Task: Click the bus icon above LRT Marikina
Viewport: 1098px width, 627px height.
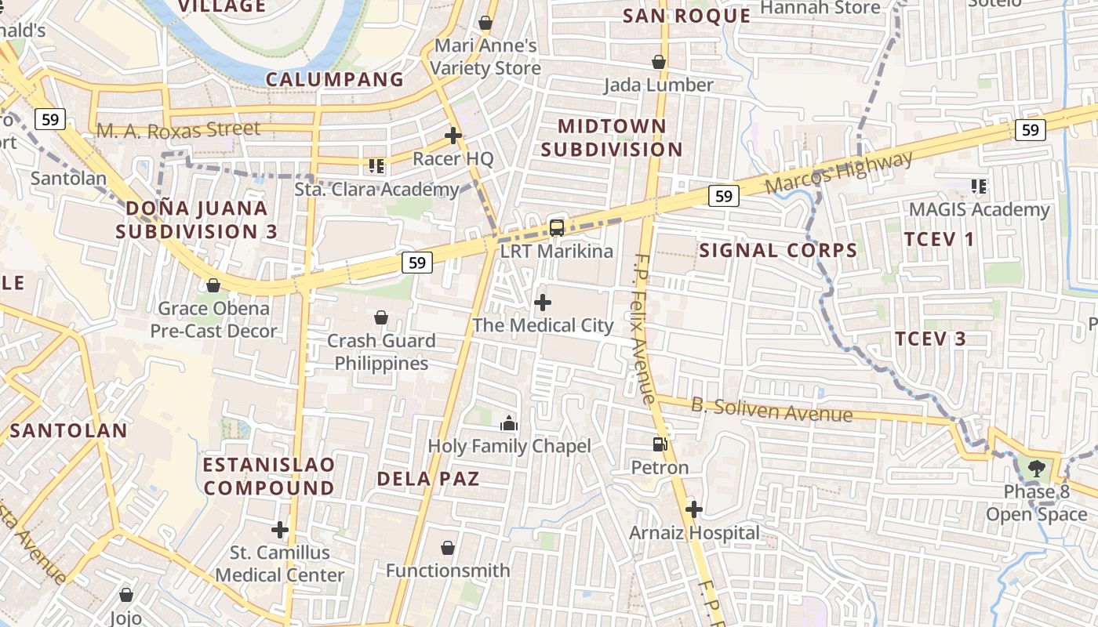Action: coord(557,228)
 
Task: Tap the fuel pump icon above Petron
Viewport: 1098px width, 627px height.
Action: coord(660,444)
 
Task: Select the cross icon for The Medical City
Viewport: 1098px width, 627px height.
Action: coord(543,302)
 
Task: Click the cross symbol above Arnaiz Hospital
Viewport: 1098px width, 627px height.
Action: coord(693,509)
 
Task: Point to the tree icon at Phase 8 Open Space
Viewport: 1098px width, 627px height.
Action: coord(1037,469)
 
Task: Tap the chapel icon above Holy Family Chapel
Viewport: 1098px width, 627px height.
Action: coord(509,423)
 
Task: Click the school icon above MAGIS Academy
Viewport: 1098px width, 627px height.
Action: coord(979,187)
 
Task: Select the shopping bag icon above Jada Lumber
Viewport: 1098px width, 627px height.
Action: coord(659,61)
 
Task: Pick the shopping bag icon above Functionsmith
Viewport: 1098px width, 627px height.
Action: coord(448,547)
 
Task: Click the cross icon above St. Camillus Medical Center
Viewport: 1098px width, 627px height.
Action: coord(280,529)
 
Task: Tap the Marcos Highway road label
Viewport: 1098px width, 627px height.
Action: coord(838,172)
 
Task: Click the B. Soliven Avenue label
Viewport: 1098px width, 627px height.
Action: coord(771,409)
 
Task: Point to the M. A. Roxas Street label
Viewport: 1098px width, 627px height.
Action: coord(178,129)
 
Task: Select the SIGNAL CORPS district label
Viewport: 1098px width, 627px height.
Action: coord(777,251)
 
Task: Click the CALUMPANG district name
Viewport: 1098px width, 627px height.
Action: coord(335,79)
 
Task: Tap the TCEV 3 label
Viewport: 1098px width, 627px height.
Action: coord(930,339)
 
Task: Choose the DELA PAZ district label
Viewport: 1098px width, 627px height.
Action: coord(428,478)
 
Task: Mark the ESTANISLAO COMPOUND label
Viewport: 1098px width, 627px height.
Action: coord(268,476)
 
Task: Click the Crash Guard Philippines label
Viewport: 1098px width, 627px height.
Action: coord(381,352)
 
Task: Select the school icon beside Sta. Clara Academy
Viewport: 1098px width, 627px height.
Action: coord(376,165)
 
